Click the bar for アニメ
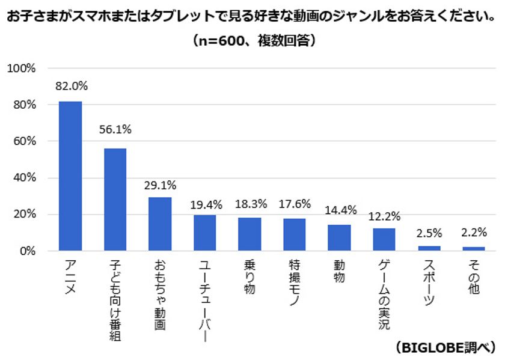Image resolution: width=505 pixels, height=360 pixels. coord(70,175)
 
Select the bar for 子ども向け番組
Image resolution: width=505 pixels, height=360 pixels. coord(115,199)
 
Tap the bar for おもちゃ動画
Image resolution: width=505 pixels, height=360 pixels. coord(159,224)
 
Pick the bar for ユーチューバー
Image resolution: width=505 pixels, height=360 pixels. coord(204,233)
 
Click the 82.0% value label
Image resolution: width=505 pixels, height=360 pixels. coord(71,86)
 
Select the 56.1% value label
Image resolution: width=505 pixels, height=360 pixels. coord(115,129)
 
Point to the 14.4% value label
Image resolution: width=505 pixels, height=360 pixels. coord(340,210)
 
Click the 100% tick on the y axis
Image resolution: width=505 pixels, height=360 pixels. coord(22,69)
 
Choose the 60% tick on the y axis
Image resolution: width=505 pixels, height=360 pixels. coord(24,141)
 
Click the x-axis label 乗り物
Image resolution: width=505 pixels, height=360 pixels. coord(249,277)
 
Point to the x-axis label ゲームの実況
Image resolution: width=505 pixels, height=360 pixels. coord(384,294)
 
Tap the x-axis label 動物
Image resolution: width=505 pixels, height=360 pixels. coord(339,271)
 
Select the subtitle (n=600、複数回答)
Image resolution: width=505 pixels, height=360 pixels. coord(252,41)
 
